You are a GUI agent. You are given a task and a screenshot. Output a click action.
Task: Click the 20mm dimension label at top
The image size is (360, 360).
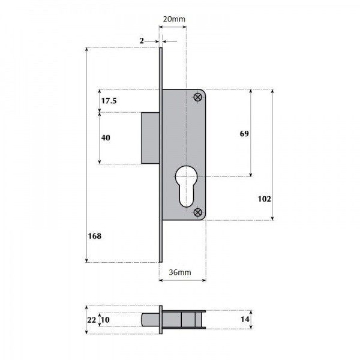click(174, 19)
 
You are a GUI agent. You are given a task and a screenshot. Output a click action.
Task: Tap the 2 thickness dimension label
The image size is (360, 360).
click(142, 41)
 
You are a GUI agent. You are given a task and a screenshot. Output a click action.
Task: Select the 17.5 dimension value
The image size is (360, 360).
click(109, 101)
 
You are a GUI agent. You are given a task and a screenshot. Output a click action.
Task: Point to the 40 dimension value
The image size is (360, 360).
click(106, 138)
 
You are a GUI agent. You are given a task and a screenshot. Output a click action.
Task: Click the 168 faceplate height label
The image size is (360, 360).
click(95, 236)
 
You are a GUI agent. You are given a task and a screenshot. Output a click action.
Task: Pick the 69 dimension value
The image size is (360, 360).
click(244, 134)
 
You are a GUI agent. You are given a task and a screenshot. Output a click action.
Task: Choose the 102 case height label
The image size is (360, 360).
click(265, 199)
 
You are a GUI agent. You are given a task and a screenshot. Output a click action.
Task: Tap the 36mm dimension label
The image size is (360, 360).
click(180, 272)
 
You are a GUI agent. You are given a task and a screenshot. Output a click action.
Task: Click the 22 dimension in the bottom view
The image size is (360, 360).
click(91, 320)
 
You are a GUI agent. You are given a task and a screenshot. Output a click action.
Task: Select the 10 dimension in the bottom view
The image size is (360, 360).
click(105, 320)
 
